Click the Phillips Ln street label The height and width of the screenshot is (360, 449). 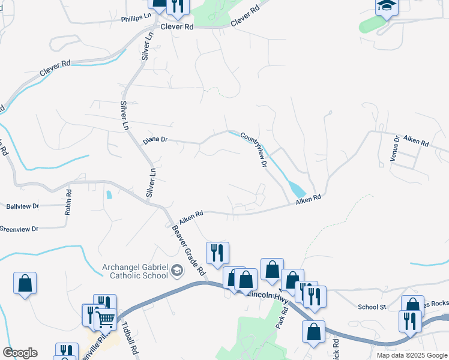[135, 19]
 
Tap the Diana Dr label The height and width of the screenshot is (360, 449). [155, 141]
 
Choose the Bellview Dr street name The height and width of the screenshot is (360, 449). [22, 206]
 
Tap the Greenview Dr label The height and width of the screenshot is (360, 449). [19, 229]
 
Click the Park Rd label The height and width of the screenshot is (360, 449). [279, 317]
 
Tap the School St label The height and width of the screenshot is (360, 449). [372, 307]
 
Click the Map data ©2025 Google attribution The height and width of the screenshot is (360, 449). [411, 355]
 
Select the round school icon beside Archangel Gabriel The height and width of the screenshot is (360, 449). [176, 271]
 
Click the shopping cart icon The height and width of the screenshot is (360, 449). [106, 319]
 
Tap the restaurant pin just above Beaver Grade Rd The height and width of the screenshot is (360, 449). [217, 252]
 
